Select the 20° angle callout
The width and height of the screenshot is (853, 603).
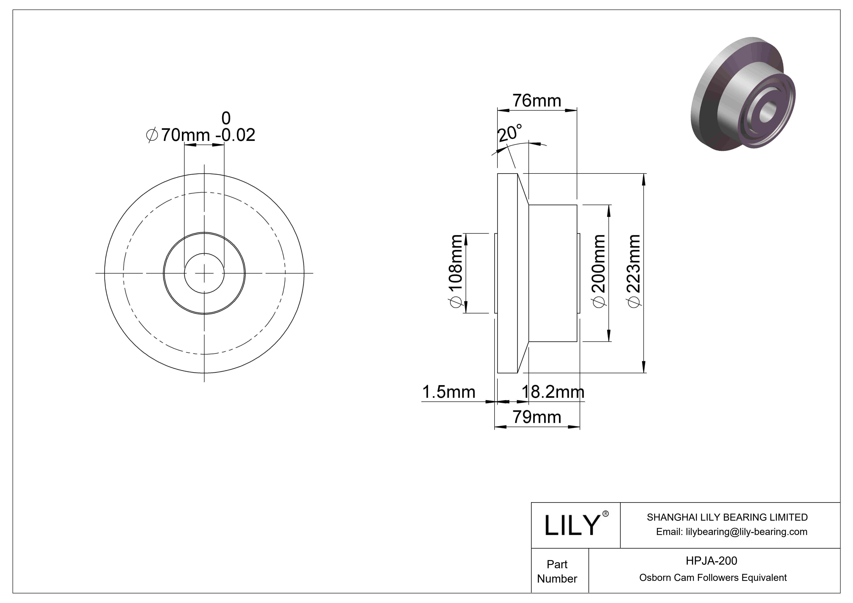point(509,134)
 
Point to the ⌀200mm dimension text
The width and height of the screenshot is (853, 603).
point(599,271)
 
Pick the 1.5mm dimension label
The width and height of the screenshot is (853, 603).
point(448,392)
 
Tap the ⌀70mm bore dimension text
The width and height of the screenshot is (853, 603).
point(179,135)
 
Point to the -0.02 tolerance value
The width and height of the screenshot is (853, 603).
point(235,135)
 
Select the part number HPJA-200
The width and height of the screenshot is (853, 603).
point(711,561)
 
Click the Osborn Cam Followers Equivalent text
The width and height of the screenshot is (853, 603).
point(713,578)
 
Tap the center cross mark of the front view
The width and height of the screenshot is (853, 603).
point(204,273)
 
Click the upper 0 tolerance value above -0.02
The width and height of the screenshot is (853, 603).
point(226,118)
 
